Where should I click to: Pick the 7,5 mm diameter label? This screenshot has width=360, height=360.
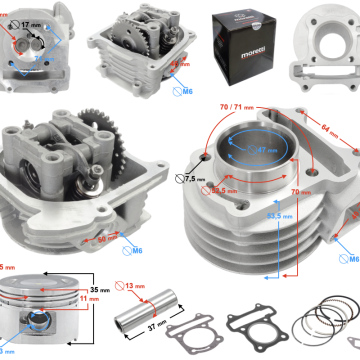click(197, 180)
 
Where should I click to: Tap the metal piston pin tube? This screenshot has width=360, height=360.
click(145, 312)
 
